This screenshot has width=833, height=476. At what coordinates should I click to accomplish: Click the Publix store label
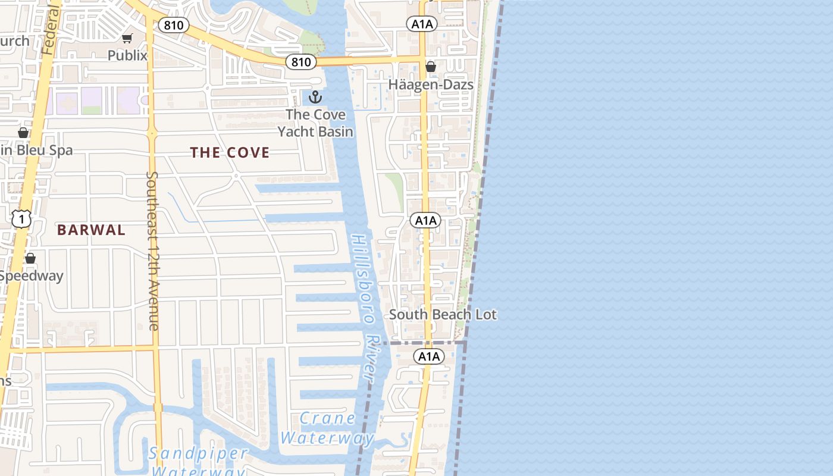click(127, 55)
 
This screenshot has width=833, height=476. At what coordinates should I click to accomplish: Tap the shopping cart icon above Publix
click(127, 39)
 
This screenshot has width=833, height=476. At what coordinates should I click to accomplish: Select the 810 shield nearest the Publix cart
click(174, 25)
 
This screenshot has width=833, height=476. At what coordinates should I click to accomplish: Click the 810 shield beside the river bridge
click(300, 62)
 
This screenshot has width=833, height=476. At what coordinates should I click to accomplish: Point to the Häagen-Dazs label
click(431, 84)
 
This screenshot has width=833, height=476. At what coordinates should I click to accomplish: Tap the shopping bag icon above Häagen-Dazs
click(431, 67)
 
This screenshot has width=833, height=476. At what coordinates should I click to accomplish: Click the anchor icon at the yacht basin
click(315, 97)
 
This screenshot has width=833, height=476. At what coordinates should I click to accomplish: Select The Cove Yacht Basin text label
click(315, 123)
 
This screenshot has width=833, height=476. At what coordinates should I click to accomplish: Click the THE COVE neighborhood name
click(230, 153)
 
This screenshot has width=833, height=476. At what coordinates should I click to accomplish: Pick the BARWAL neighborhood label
click(91, 230)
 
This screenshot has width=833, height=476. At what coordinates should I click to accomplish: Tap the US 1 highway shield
click(21, 220)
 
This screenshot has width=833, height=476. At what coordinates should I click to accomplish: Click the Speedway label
click(31, 276)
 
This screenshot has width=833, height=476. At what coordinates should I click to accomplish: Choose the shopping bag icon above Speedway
click(30, 258)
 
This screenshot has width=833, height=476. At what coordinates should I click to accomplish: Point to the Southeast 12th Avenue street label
click(152, 250)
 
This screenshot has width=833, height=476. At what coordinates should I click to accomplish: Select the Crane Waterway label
click(327, 428)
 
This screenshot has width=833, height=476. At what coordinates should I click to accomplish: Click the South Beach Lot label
click(443, 315)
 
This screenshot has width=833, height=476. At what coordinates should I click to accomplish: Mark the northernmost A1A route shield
click(422, 24)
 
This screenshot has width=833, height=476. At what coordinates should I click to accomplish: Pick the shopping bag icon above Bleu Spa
click(23, 132)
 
